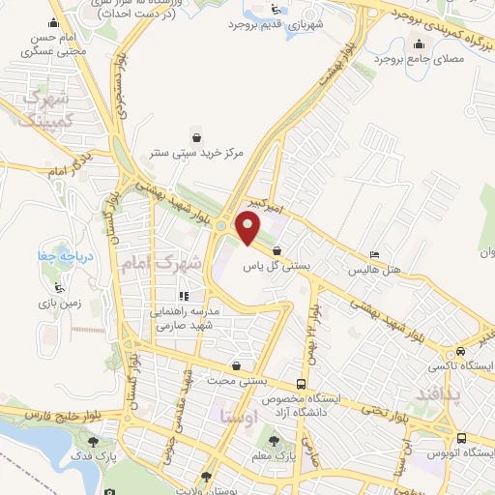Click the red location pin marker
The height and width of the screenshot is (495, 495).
coord(248,230)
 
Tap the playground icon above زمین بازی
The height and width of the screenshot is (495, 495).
coord(60,288)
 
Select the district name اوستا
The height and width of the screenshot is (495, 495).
coord(237,418)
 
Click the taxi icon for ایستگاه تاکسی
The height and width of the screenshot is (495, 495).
coord(460,352)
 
